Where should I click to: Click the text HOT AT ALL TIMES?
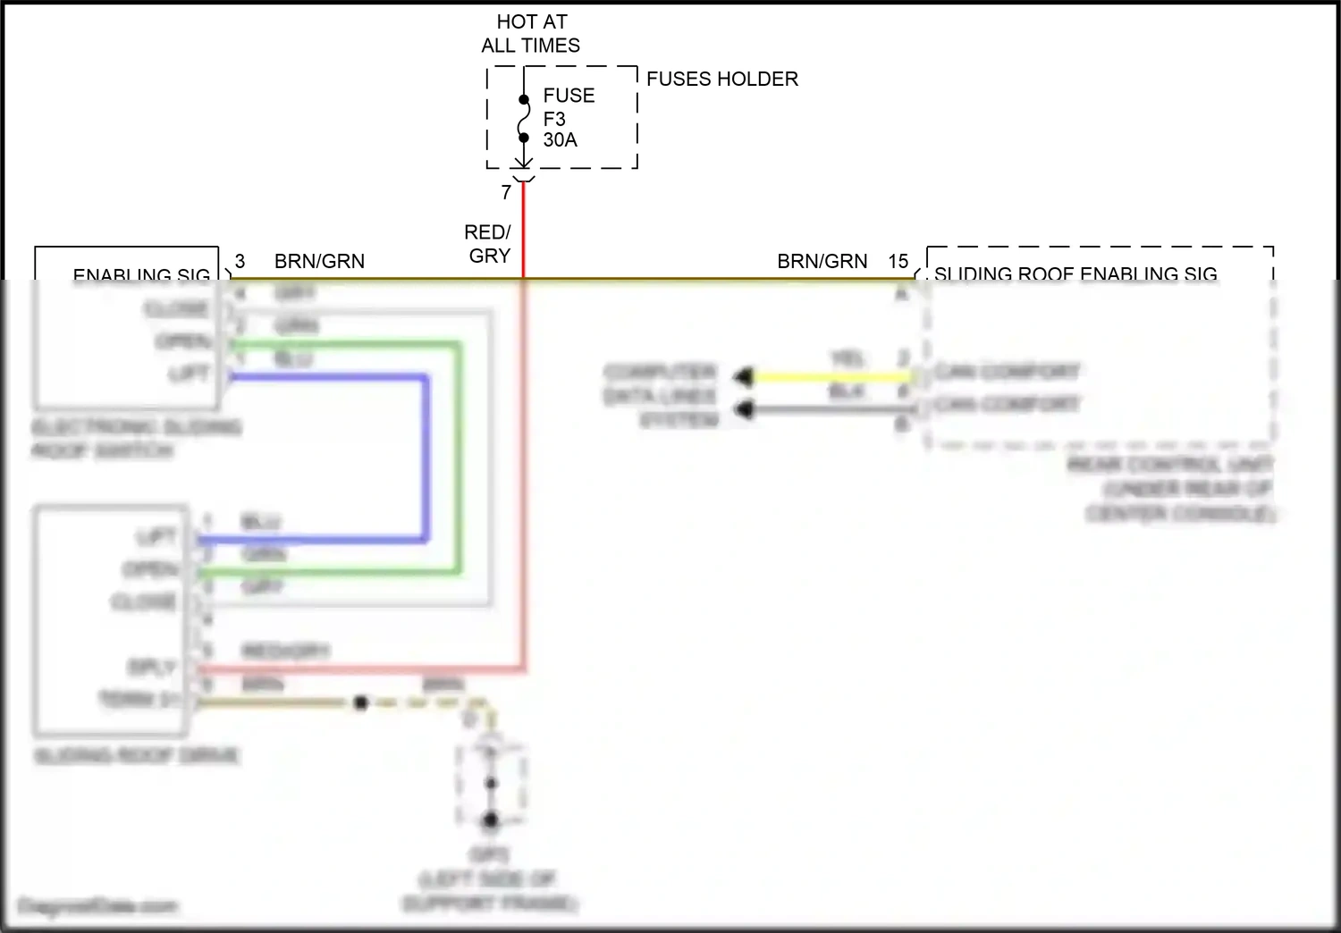tap(531, 34)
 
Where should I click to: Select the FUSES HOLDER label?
tap(721, 79)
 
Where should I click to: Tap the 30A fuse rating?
tap(560, 140)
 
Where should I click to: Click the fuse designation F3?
tap(554, 119)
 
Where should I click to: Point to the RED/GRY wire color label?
tap(488, 244)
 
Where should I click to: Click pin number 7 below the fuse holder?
tap(506, 192)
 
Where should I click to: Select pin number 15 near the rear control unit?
tap(898, 261)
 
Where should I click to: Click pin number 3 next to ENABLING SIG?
tap(240, 261)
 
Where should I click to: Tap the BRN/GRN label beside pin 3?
tap(319, 261)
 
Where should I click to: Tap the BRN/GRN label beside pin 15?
tap(822, 261)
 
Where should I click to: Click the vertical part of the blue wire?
tap(426, 456)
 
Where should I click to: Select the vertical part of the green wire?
tap(459, 456)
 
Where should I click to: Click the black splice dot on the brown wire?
tap(360, 703)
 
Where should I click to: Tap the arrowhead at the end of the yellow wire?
tap(743, 377)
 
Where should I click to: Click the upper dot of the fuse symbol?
tap(524, 100)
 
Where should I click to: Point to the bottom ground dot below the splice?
tap(490, 820)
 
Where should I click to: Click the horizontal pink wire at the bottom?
tap(358, 668)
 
